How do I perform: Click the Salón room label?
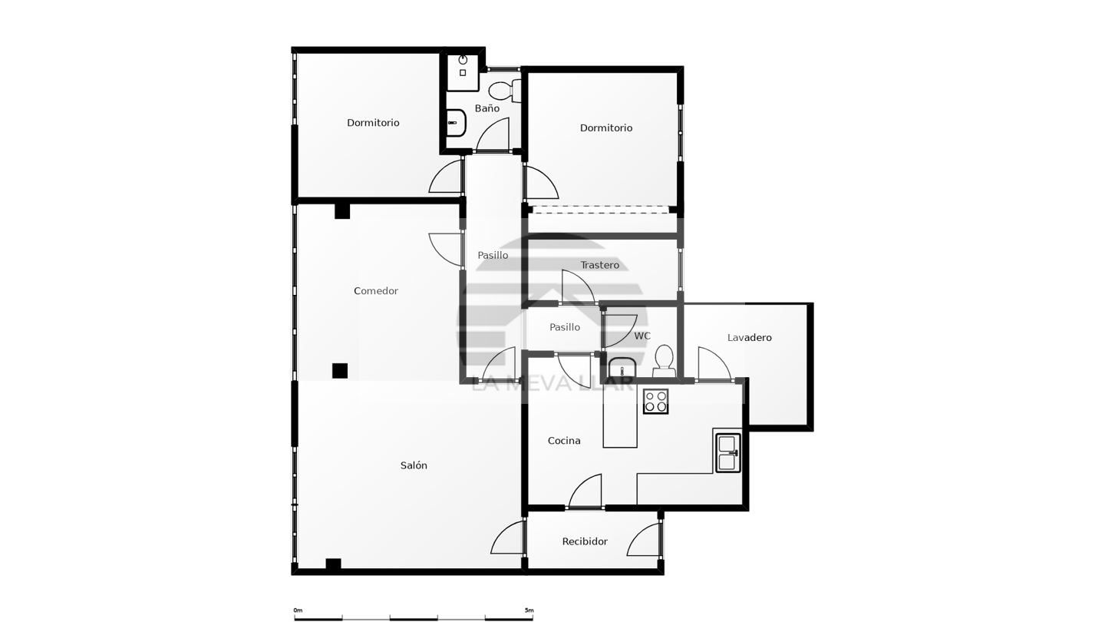point(414,465)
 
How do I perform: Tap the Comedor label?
point(376,291)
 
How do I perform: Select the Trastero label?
point(599,265)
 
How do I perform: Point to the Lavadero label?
point(749,338)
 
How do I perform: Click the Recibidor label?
point(585,541)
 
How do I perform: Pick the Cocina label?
point(564,440)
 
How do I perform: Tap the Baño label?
point(487,108)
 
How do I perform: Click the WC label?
point(642,336)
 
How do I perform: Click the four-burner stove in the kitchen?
point(655,401)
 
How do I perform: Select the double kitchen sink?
point(728,452)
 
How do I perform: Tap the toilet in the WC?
point(664,361)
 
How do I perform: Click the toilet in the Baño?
point(505,91)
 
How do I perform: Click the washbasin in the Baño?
point(457,122)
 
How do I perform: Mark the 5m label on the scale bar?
point(529,610)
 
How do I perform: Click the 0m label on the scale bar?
point(298,610)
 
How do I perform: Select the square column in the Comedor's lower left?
point(339,371)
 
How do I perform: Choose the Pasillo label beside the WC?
point(565,327)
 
